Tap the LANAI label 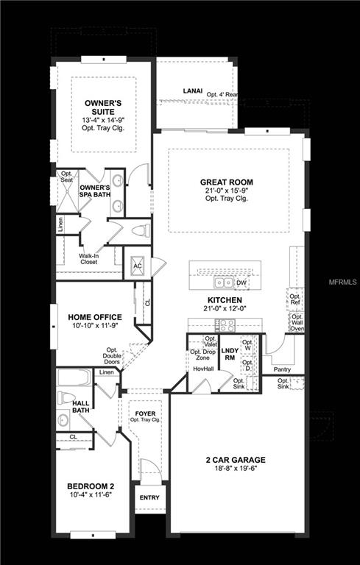coord(193,92)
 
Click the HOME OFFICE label coord(95,317)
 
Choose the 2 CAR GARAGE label coord(236,461)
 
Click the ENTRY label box coord(149,498)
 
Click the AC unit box coord(137,266)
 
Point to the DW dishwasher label coord(241,282)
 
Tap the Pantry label coord(283,370)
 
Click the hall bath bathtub coord(74,377)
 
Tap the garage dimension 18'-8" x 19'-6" coord(236,471)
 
